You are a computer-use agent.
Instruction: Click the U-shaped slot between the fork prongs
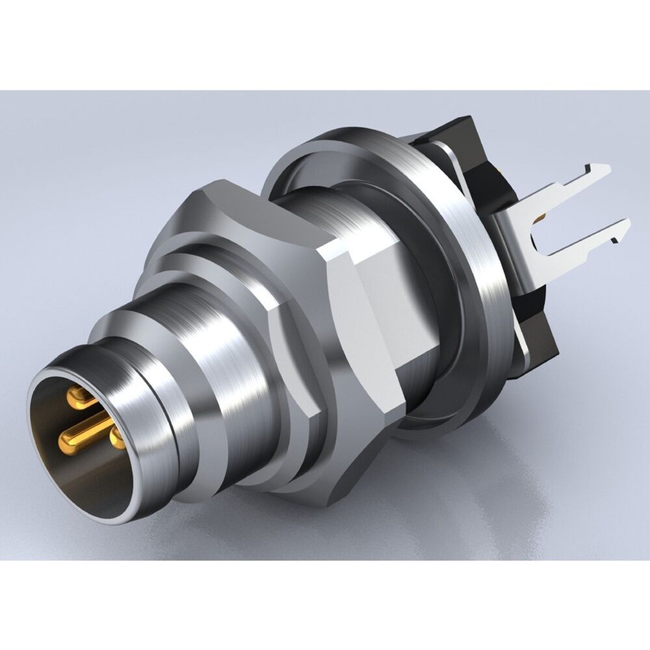point(543,221)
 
